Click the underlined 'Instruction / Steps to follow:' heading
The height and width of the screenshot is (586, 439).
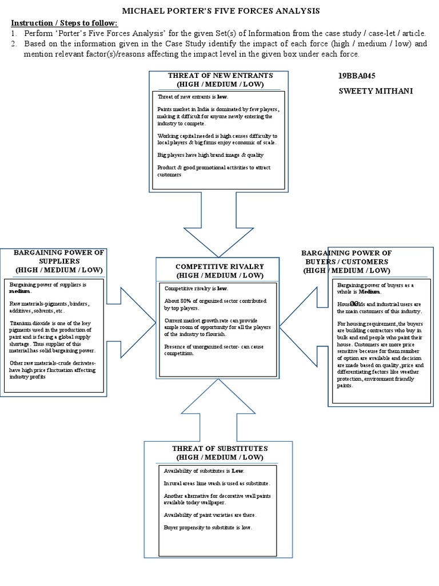[65, 22]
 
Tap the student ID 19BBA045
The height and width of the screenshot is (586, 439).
[357, 76]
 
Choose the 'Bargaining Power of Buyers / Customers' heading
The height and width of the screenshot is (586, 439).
[346, 262]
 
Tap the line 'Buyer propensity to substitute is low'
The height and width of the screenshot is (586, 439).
[207, 527]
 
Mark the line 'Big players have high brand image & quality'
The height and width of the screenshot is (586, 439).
[210, 155]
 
